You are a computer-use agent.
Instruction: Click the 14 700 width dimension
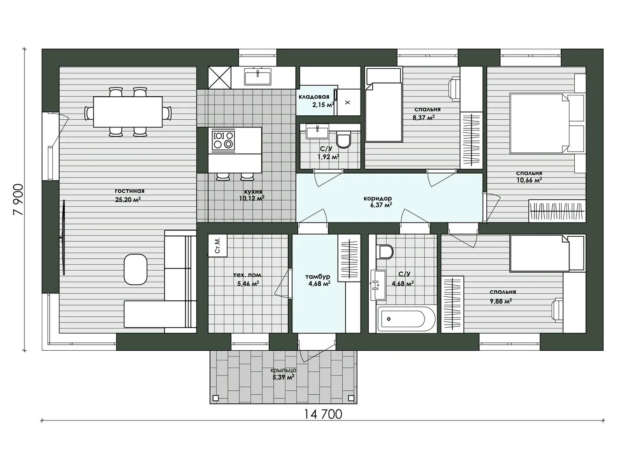[323, 414]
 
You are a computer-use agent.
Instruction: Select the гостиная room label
[130, 191]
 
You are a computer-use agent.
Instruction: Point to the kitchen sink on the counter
[257, 77]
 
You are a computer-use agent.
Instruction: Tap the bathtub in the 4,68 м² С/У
[406, 319]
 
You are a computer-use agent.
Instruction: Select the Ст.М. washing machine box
[218, 246]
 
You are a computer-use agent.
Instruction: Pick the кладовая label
[314, 97]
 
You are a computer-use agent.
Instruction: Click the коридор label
[378, 198]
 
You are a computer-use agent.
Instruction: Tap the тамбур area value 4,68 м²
[319, 283]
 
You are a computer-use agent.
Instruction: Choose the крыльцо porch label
[283, 370]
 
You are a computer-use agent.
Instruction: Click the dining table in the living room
[128, 111]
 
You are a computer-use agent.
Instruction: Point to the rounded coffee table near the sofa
[135, 269]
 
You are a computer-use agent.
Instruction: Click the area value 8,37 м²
[424, 117]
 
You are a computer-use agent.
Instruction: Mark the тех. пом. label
[248, 275]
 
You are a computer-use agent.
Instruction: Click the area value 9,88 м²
[501, 301]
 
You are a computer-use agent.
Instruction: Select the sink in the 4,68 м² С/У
[378, 285]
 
